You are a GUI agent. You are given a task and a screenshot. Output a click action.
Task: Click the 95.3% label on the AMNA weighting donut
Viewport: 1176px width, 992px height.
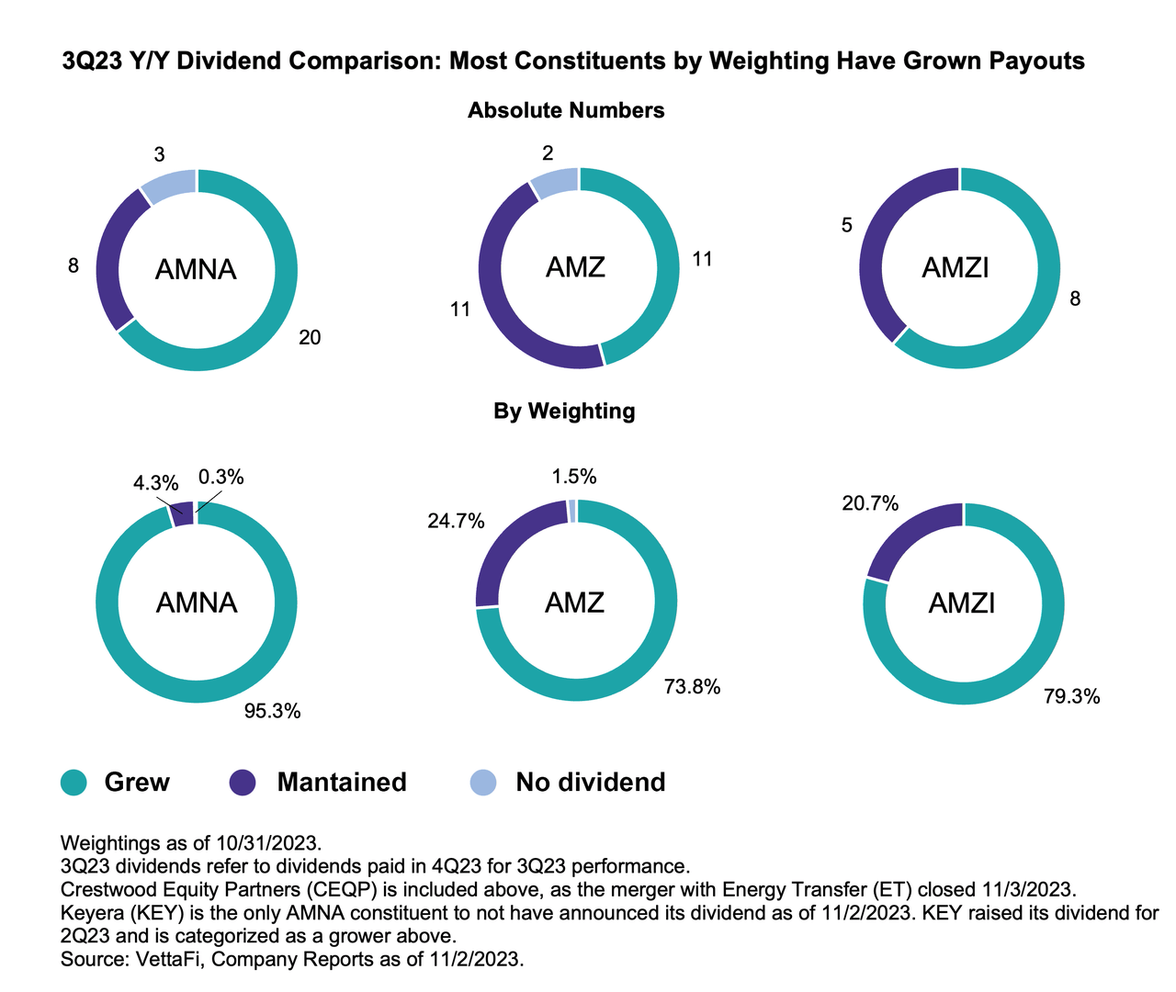click(272, 711)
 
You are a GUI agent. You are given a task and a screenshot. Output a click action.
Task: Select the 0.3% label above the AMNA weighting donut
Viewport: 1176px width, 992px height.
click(220, 477)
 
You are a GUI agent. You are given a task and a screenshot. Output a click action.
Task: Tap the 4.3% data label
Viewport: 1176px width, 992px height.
click(155, 482)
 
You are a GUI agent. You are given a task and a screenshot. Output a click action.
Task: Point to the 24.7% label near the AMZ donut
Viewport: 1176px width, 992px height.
click(455, 521)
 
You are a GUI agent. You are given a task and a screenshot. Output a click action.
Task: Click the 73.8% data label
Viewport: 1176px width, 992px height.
click(692, 686)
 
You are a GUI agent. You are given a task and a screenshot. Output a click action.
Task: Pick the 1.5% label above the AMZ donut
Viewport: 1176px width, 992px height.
click(574, 476)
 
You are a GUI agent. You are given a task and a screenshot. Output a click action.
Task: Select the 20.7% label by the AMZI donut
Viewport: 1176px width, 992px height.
click(869, 502)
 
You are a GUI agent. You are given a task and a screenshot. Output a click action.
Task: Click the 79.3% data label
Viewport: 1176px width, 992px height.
click(1071, 696)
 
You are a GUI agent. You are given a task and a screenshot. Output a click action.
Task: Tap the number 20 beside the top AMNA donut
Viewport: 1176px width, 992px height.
click(310, 338)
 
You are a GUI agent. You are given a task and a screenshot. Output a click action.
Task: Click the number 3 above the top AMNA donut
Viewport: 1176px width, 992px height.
click(160, 155)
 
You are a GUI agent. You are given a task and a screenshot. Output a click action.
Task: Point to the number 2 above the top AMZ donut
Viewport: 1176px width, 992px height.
click(548, 153)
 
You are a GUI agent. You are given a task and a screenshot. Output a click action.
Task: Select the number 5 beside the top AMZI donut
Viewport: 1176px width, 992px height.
click(847, 224)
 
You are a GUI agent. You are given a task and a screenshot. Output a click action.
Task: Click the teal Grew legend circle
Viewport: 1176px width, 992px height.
click(73, 783)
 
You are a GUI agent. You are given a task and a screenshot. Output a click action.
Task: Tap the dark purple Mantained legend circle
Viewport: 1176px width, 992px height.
click(243, 783)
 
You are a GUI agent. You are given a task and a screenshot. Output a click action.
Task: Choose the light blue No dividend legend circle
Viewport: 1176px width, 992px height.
click(483, 783)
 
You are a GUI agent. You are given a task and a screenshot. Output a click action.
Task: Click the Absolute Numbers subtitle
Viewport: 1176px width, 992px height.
click(566, 110)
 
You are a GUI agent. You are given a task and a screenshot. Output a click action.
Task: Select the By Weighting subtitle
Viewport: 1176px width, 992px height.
click(564, 411)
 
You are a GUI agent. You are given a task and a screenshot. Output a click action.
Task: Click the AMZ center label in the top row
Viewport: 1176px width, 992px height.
click(575, 267)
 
